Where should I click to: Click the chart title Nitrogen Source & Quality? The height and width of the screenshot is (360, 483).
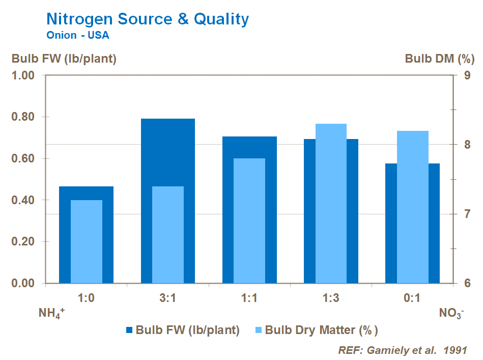[x=148, y=19]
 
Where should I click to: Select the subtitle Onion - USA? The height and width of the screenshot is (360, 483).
[x=77, y=36]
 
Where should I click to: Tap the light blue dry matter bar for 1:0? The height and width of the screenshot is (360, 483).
[x=87, y=241]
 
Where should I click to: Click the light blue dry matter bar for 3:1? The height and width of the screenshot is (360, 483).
[x=168, y=234]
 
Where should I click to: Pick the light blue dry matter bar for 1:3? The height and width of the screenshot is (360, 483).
[x=331, y=204]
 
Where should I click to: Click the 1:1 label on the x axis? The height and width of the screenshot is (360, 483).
[x=249, y=298]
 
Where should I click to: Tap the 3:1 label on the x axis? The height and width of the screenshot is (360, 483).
[x=168, y=298]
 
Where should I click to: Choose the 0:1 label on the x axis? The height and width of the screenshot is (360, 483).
[x=412, y=298]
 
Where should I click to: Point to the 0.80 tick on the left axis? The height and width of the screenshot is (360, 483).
[x=23, y=117]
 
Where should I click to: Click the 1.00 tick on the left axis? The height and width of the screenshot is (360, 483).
[x=23, y=75]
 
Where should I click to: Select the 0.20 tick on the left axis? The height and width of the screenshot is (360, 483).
[x=23, y=242]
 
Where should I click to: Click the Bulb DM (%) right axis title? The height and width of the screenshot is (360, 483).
[x=436, y=59]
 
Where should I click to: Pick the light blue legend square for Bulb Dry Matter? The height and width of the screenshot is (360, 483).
[x=259, y=329]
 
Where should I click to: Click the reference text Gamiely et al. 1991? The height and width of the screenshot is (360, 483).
[x=402, y=350]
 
